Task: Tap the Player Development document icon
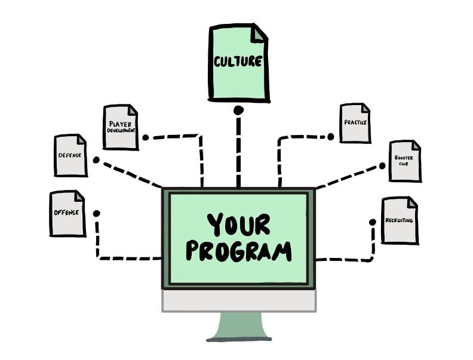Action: coord(120,127)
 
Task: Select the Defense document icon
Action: coord(70,155)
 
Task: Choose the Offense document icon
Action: coord(66,213)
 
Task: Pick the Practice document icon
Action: coord(355,123)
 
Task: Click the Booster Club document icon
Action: coord(404,161)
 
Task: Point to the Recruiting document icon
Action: coord(399,220)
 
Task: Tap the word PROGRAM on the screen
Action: coord(238,251)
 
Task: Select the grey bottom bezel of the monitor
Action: coord(239,301)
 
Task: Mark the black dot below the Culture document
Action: coord(238,110)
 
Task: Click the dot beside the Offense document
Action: coord(96,213)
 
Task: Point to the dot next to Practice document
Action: coord(330,137)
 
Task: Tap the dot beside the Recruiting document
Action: coord(373,222)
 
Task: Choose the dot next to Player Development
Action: coord(145,137)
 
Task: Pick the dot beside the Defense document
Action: coord(96,160)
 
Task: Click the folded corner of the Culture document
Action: coord(258,33)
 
